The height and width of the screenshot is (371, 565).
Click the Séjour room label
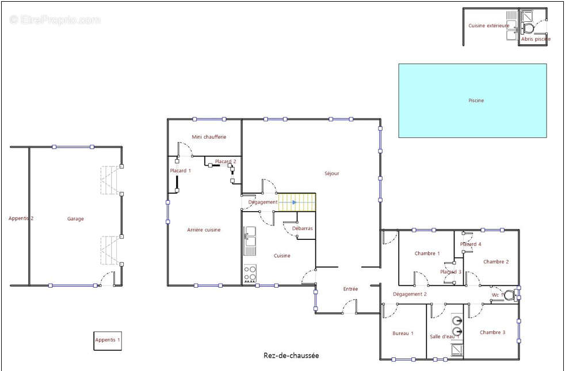[332, 173]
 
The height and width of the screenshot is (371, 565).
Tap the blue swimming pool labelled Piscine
[472, 101]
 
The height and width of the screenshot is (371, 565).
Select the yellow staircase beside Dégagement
[297, 202]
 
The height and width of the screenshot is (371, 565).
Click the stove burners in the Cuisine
[250, 273]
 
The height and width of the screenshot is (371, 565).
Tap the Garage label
[75, 219]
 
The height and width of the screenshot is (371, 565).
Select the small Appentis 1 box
[108, 341]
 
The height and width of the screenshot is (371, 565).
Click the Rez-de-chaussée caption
[291, 355]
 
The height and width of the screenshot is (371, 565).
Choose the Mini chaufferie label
[209, 137]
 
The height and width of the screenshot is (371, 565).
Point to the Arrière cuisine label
[204, 230]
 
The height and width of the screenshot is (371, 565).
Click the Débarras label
[302, 228]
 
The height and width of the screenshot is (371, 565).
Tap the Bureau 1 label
[403, 334]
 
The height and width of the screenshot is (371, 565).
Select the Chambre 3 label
[492, 332]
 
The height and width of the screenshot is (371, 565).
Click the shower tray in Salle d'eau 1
[457, 350]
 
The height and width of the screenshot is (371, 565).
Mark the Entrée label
[350, 289]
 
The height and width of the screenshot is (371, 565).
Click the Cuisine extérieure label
[488, 25]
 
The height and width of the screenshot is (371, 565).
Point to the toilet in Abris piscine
[528, 28]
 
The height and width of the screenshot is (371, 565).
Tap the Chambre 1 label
[427, 254]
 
